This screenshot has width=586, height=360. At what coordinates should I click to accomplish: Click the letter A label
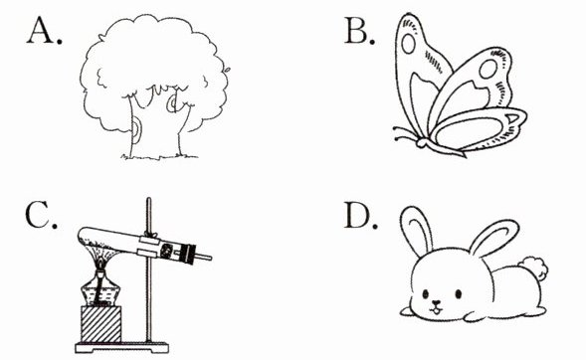[x=44, y=32]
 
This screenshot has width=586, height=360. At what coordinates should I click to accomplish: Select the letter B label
[x=359, y=32]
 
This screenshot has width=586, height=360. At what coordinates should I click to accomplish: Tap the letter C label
[x=41, y=215]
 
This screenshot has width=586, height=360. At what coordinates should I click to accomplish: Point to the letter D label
[x=360, y=215]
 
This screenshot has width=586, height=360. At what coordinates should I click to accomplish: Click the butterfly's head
[x=421, y=142]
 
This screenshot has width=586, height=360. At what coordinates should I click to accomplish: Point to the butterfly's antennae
[x=404, y=134]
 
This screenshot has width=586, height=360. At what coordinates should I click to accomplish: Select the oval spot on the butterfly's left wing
[x=408, y=44]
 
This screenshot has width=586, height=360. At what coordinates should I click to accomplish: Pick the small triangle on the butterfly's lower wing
[x=512, y=119]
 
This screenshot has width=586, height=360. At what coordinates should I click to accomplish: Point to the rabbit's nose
[x=436, y=303]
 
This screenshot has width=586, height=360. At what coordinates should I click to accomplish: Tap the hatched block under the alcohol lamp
[x=100, y=324]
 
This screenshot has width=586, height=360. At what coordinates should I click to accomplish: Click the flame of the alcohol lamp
[x=99, y=265]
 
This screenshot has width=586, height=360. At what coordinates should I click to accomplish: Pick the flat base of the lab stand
[x=121, y=348]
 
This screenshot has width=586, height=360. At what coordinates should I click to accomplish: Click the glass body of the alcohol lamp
[x=100, y=290]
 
